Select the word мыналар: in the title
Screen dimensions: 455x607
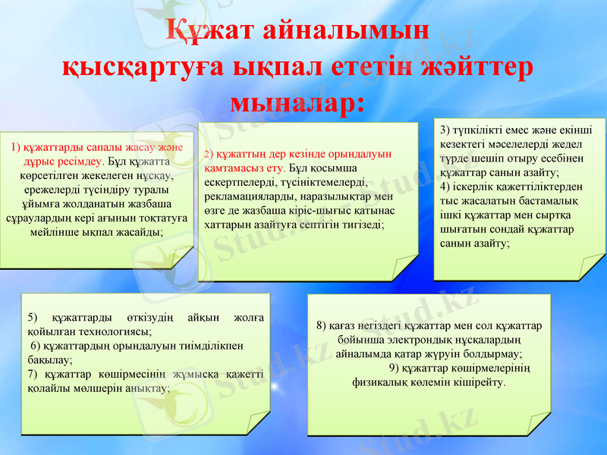(x=297, y=101)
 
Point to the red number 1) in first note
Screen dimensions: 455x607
(x=16, y=146)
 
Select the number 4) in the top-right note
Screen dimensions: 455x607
(x=445, y=187)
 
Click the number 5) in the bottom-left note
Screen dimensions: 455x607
(x=32, y=316)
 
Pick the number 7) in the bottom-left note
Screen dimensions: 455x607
(x=32, y=374)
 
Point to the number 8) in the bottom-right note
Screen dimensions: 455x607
(x=322, y=325)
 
